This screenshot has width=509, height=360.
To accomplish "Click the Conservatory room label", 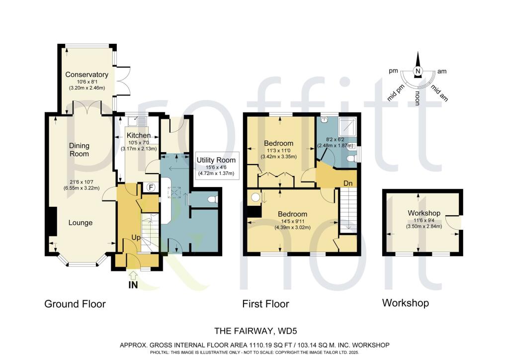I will (x=87, y=75).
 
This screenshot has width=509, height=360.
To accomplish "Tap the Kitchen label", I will (x=138, y=135).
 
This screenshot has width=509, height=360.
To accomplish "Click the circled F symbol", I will (x=152, y=187).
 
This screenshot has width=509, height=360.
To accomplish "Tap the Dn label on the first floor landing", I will (x=348, y=183).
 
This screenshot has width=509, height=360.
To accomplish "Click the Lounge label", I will (x=81, y=223).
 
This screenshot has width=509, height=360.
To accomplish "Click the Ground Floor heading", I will (x=75, y=304).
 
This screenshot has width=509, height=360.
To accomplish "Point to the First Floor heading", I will (x=265, y=304).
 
